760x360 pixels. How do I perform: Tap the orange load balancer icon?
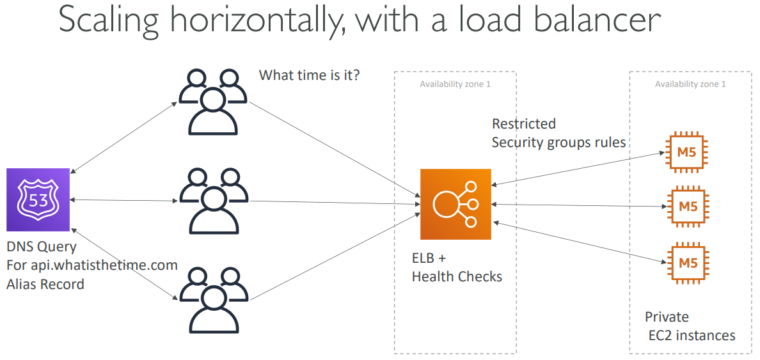point(455,204)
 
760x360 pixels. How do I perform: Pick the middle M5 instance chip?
point(688,207)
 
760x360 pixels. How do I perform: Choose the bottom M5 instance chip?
point(688,262)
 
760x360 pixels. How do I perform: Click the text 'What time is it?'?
point(309,75)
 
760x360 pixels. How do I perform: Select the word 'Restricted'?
point(523,123)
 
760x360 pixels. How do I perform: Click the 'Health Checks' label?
point(457,277)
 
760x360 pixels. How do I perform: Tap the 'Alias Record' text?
point(45,284)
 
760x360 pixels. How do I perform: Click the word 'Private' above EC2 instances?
point(667,317)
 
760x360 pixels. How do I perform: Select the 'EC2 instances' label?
point(692,335)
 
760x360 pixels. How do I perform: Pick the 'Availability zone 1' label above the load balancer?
point(455,84)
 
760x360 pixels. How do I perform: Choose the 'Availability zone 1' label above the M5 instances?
point(690,84)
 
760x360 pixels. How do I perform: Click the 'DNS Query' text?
point(42,247)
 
